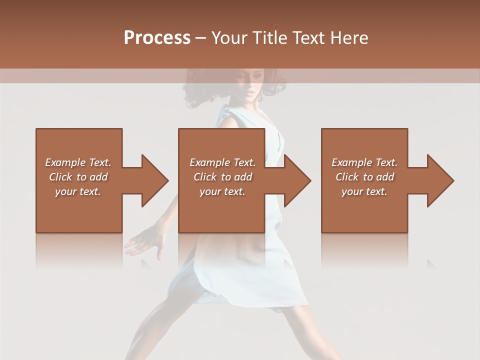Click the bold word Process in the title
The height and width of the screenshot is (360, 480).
157,38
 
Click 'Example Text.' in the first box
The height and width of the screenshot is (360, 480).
78,162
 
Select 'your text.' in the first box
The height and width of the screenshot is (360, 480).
78,191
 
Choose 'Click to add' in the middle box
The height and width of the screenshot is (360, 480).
222,177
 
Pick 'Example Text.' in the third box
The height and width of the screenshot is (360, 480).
364,162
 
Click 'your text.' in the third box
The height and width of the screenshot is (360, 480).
364,191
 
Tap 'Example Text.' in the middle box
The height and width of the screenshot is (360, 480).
222,162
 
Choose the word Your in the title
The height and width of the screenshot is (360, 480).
230,38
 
